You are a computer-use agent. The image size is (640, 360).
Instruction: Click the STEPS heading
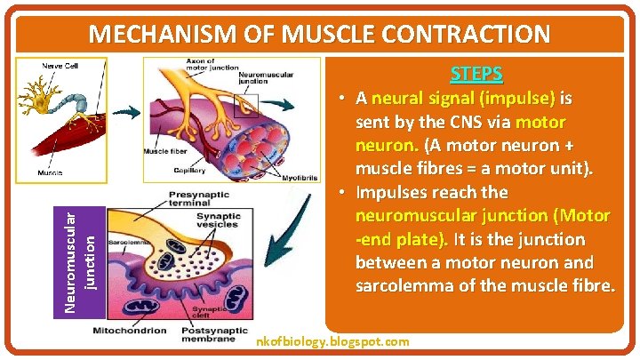tap(476, 73)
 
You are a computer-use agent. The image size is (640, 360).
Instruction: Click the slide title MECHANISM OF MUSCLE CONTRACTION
tap(320, 35)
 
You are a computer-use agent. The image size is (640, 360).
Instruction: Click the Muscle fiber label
tap(164, 150)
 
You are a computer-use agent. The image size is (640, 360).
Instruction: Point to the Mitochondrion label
tap(129, 331)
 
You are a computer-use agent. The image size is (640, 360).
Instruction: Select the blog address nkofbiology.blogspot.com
tap(332, 340)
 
